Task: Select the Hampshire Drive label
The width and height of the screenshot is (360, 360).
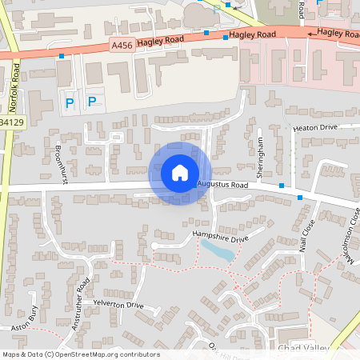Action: click(x=222, y=234)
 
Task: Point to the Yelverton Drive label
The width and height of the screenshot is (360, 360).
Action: click(x=118, y=305)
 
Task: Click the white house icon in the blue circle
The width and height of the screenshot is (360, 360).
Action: click(x=180, y=173)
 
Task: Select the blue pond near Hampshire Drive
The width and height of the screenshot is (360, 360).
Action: click(x=218, y=251)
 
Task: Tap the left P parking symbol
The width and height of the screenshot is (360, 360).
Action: click(x=69, y=102)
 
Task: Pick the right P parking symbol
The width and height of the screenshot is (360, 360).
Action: click(x=91, y=101)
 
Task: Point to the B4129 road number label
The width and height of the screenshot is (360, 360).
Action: click(x=12, y=122)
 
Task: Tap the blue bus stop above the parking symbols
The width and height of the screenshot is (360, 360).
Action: click(x=62, y=56)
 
